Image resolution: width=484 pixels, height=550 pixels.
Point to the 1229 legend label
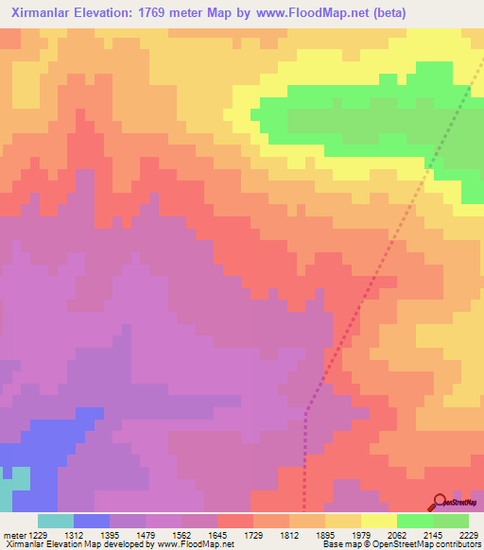tap(37, 534)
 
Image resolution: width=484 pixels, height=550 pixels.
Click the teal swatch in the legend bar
tap(55, 521)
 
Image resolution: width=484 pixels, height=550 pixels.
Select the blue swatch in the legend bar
tap(91, 521)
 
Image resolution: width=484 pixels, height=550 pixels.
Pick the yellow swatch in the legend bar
tap(378, 521)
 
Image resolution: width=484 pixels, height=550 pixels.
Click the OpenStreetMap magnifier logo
tap(439, 503)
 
